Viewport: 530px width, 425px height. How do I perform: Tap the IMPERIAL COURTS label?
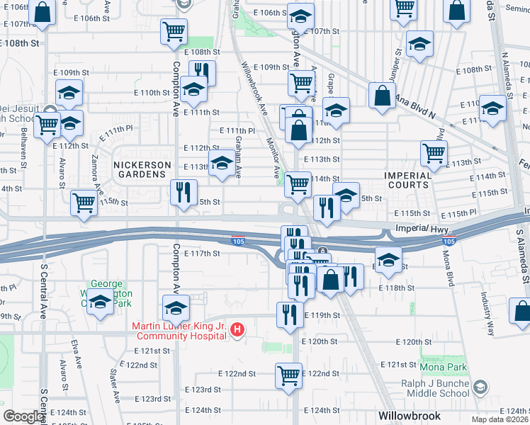click(407, 180)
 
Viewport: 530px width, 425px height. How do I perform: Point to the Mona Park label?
click(443, 368)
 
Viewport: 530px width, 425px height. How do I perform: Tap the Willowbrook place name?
click(410, 416)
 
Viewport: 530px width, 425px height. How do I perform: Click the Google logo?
click(23, 416)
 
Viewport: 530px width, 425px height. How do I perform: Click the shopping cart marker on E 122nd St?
click(288, 375)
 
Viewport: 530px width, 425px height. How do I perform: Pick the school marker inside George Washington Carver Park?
click(101, 303)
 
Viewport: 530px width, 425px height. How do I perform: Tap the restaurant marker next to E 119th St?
click(289, 314)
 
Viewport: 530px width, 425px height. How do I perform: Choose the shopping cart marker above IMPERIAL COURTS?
click(433, 152)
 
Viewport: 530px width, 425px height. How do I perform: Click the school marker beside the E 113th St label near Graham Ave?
click(222, 164)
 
